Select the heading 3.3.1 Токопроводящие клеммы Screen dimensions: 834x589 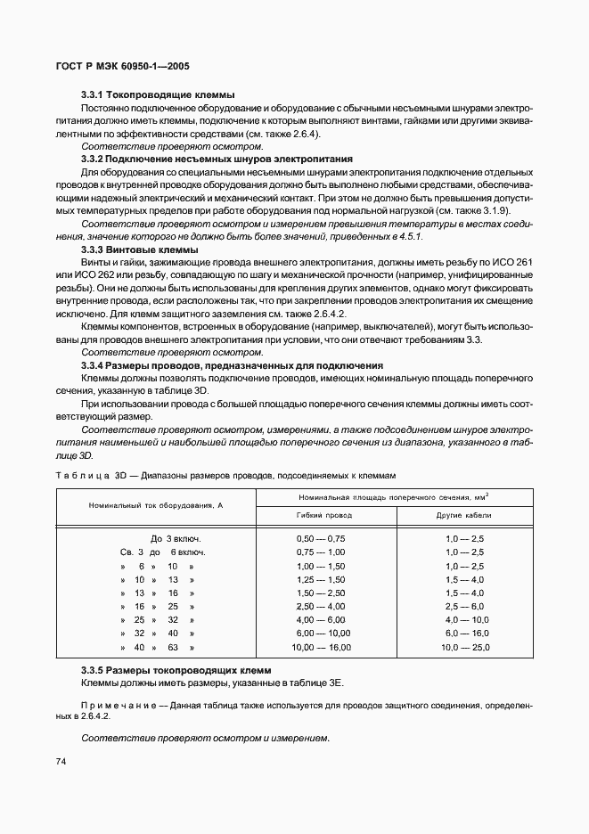pyautogui.click(x=158, y=94)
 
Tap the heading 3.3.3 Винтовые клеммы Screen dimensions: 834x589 pyautogui.click(x=140, y=251)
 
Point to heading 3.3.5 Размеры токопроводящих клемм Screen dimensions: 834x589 pyautogui.click(x=176, y=669)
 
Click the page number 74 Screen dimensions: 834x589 pyautogui.click(x=61, y=761)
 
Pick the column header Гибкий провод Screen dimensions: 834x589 pyautogui.click(x=323, y=515)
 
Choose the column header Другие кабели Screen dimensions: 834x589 pyautogui.click(x=463, y=515)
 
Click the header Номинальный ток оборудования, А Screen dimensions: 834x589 pyautogui.click(x=155, y=505)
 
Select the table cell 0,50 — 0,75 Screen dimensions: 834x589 pyautogui.click(x=320, y=539)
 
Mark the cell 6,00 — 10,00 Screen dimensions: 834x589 pyautogui.click(x=322, y=634)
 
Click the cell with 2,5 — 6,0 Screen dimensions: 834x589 pyautogui.click(x=464, y=606)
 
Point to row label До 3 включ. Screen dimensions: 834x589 pyautogui.click(x=176, y=539)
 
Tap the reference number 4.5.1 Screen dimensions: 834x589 pyautogui.click(x=407, y=238)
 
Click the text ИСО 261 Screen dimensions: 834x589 pyautogui.click(x=516, y=264)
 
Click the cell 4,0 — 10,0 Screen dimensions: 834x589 pyautogui.click(x=464, y=620)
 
